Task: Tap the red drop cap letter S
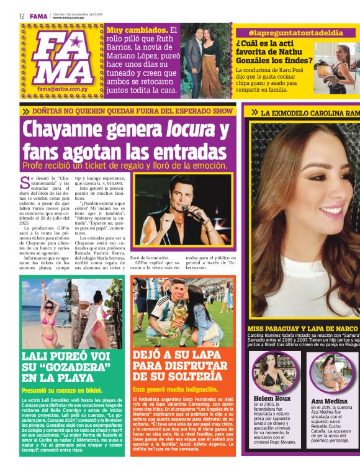pos(25,182)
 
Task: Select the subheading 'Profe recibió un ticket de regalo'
pos(124,166)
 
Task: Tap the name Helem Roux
pos(272,398)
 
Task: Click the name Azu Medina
pos(329,401)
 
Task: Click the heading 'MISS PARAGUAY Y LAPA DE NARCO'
pos(302,328)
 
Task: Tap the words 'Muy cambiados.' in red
pos(137,30)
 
